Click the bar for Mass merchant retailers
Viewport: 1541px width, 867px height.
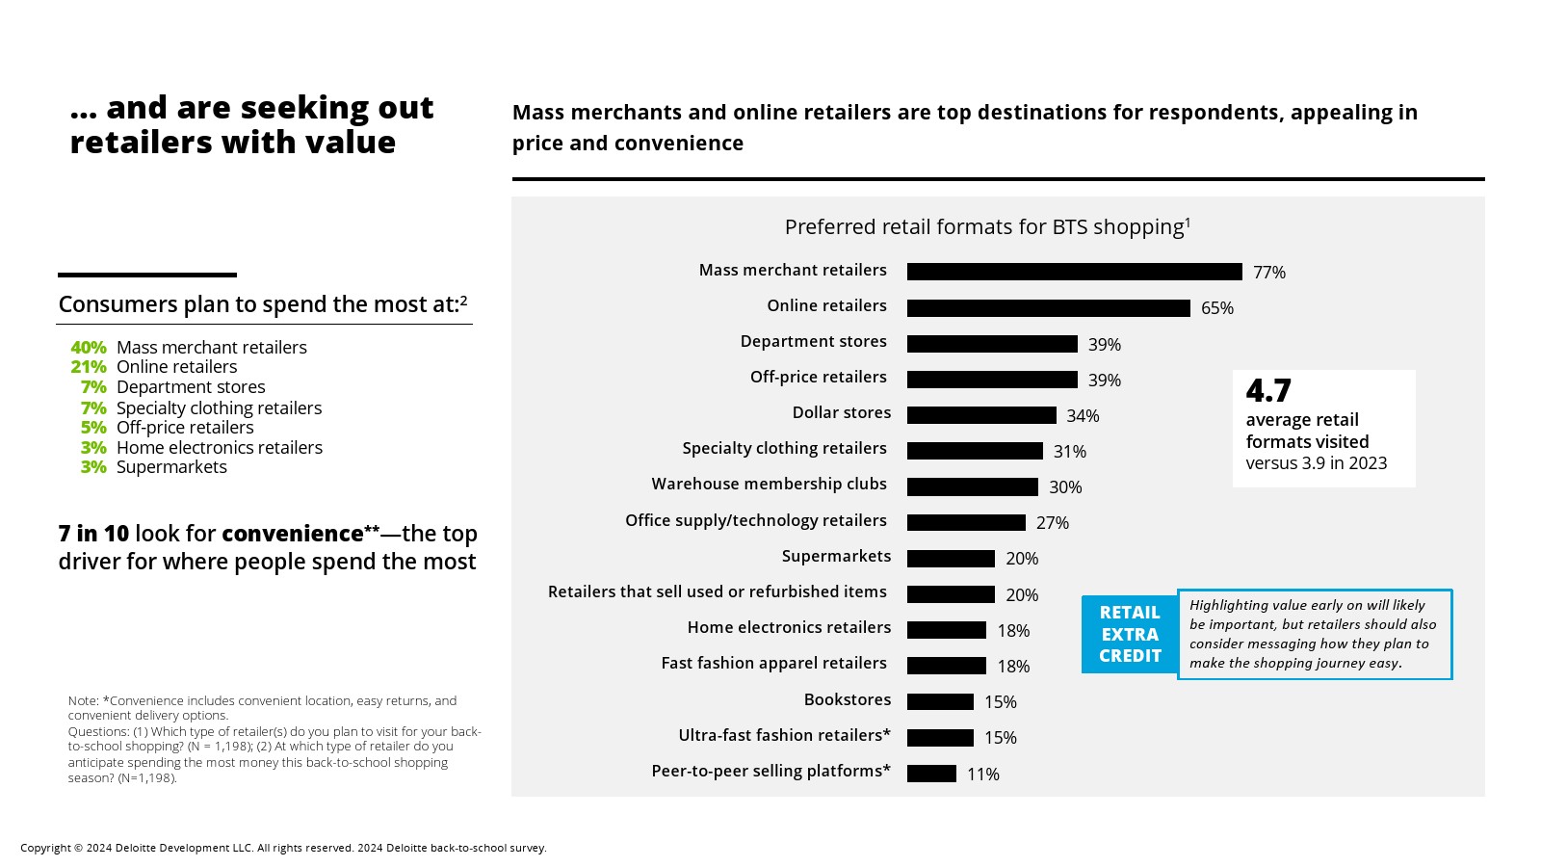1074,272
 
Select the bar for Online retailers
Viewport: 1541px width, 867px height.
1048,308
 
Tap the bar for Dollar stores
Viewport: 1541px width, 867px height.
981,415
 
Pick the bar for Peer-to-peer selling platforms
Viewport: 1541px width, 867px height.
931,774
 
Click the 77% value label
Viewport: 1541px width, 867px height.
1268,273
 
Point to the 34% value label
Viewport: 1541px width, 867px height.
1083,416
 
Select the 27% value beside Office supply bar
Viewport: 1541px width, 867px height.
1052,523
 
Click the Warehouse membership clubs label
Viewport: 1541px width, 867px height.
769,484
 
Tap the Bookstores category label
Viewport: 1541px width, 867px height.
847,699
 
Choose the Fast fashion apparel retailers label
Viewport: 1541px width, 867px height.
773,663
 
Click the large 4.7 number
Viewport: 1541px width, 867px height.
1267,391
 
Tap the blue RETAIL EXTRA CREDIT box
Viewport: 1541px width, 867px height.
1130,634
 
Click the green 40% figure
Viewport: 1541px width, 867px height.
88,348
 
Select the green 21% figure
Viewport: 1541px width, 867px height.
88,367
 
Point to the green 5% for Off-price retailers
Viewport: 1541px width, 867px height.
93,428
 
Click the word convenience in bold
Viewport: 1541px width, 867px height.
292,534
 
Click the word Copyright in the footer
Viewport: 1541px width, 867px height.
45,848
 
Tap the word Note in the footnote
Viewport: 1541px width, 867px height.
83,700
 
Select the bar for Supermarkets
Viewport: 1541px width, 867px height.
951,559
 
